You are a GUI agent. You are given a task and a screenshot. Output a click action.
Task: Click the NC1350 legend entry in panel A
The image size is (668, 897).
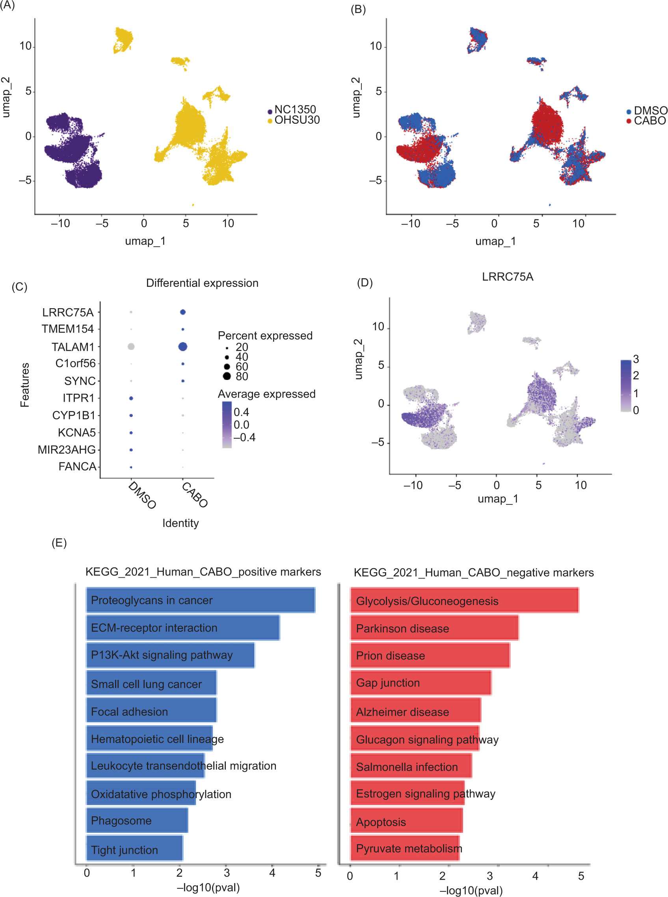pos(294,110)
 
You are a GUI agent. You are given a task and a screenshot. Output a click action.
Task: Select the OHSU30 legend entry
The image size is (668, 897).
pos(296,120)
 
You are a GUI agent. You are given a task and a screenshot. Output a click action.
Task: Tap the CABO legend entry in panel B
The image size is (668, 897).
pos(649,121)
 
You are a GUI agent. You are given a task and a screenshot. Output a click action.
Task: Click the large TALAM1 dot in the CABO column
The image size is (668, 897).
pos(182,346)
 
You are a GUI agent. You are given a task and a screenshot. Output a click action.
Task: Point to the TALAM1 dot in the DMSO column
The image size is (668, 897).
pos(131,346)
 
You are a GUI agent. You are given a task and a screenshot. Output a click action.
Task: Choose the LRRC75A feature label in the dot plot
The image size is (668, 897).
pos(67,313)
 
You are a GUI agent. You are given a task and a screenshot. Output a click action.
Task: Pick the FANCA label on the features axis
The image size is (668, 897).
pos(77,467)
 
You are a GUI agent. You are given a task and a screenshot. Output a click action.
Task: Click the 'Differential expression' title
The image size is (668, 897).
pos(202,283)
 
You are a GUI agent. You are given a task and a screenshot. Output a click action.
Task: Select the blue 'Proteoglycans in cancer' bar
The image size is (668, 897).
pos(200,600)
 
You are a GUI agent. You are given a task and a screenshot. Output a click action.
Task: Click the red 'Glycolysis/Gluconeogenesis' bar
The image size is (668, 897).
pos(464,601)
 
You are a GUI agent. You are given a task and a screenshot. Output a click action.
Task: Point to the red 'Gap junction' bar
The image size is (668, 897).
pos(421,683)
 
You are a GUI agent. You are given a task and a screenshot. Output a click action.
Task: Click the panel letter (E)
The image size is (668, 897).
pos(59,543)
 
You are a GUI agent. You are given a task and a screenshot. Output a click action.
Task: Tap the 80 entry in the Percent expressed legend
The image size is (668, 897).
pos(242,376)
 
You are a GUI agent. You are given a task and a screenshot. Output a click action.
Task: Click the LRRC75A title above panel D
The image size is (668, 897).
pos(508,277)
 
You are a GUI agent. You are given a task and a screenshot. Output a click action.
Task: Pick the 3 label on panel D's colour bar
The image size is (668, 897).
pos(636,359)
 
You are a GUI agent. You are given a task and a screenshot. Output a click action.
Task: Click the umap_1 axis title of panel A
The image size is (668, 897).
pos(145,241)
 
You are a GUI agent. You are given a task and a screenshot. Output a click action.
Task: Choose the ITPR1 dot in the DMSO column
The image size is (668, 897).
pos(131,398)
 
